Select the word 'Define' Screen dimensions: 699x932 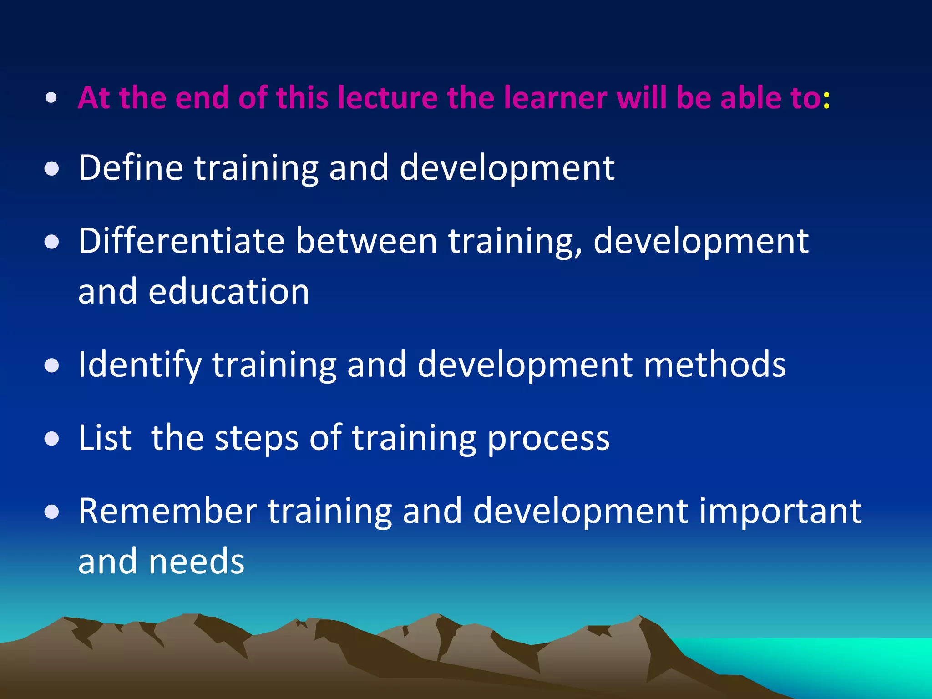click(x=131, y=167)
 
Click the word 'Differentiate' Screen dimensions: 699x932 click(x=181, y=241)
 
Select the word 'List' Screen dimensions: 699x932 click(x=105, y=438)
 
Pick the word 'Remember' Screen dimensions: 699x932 click(x=167, y=511)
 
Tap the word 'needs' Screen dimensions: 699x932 click(x=196, y=562)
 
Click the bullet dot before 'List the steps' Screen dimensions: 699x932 click(x=52, y=439)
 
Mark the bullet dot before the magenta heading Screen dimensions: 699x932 click(x=51, y=98)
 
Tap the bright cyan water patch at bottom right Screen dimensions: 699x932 click(x=842, y=660)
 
